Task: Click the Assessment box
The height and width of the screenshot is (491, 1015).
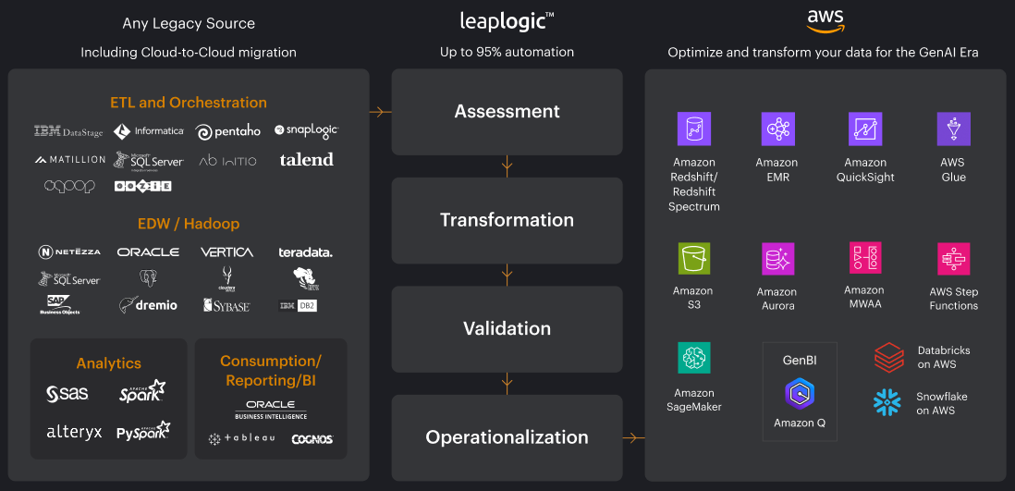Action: (x=507, y=112)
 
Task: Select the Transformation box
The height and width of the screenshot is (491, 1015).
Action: (x=507, y=220)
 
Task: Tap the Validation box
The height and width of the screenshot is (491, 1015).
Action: (x=507, y=328)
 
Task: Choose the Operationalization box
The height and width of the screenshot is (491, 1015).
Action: (x=507, y=437)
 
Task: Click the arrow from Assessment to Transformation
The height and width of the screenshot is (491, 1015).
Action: (x=507, y=166)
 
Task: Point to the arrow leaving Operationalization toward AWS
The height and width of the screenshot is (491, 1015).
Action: (x=634, y=437)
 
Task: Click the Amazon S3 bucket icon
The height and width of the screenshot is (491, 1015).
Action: (x=693, y=258)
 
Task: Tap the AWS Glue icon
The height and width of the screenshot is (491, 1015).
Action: (x=952, y=129)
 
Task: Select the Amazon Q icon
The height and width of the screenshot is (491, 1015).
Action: (x=800, y=394)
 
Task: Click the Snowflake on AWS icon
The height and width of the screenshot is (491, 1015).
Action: (x=887, y=402)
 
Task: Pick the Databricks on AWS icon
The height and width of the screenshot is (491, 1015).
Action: (x=888, y=357)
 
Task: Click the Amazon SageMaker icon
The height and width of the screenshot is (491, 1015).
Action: (x=693, y=357)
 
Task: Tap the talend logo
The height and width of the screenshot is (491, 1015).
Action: (x=306, y=160)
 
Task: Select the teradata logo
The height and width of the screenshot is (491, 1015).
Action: (x=305, y=252)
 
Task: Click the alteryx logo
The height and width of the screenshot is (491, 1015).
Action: (x=74, y=432)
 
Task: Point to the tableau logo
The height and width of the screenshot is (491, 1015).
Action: (x=241, y=438)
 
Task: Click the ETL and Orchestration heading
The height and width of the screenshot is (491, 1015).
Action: (x=188, y=103)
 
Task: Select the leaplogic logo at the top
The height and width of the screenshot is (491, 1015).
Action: (x=507, y=19)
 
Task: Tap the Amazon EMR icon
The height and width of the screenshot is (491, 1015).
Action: (x=777, y=129)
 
